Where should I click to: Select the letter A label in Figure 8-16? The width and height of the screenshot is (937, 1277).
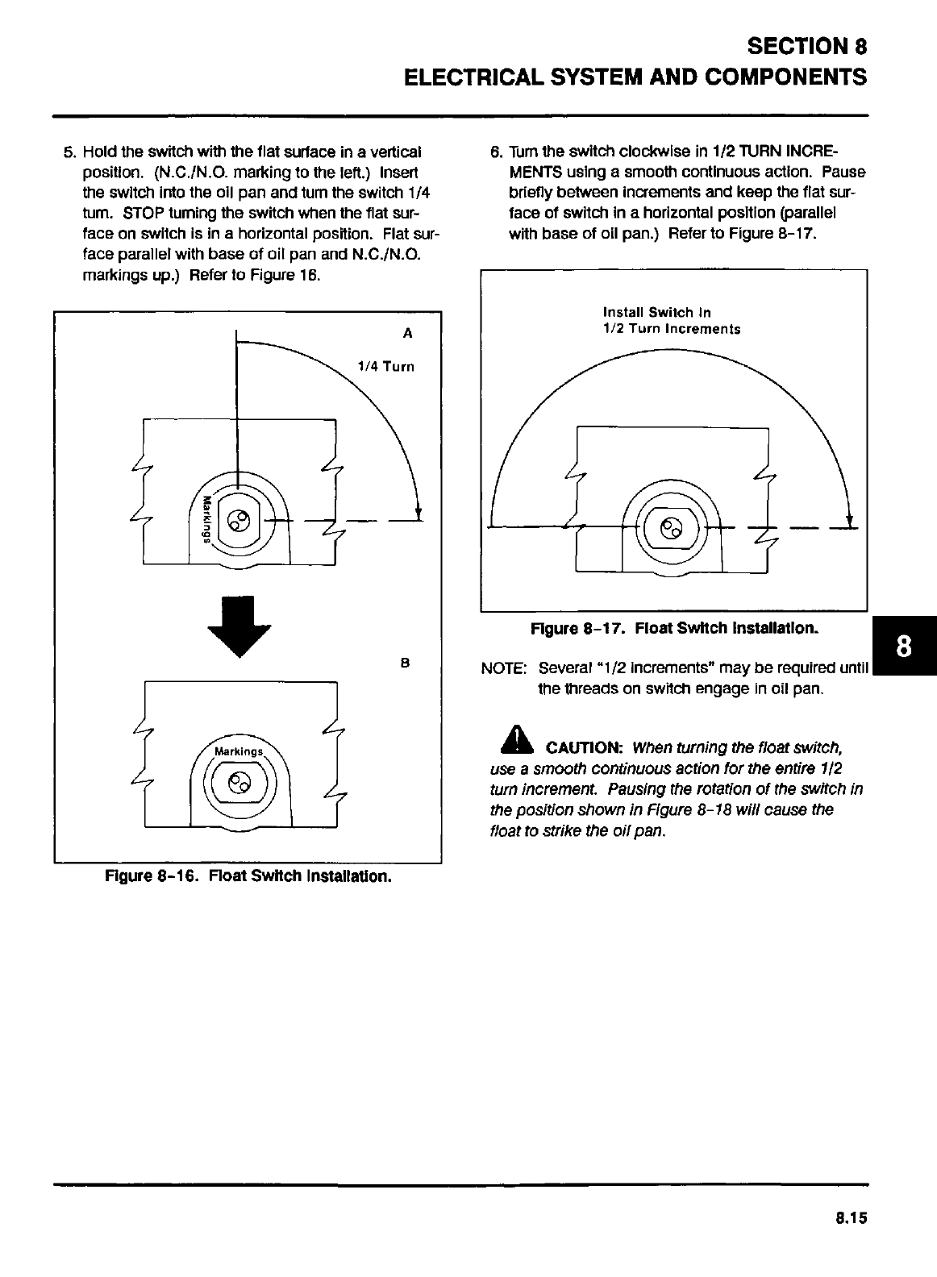407,332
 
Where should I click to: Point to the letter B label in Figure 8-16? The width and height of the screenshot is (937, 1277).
406,663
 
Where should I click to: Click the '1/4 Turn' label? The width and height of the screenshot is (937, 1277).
385,367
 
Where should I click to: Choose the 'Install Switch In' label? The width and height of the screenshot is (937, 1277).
656,312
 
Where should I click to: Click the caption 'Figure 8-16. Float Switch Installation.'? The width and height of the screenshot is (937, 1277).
248,876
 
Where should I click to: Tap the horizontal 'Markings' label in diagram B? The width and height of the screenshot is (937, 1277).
239,751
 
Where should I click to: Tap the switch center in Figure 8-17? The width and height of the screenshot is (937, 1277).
671,528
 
